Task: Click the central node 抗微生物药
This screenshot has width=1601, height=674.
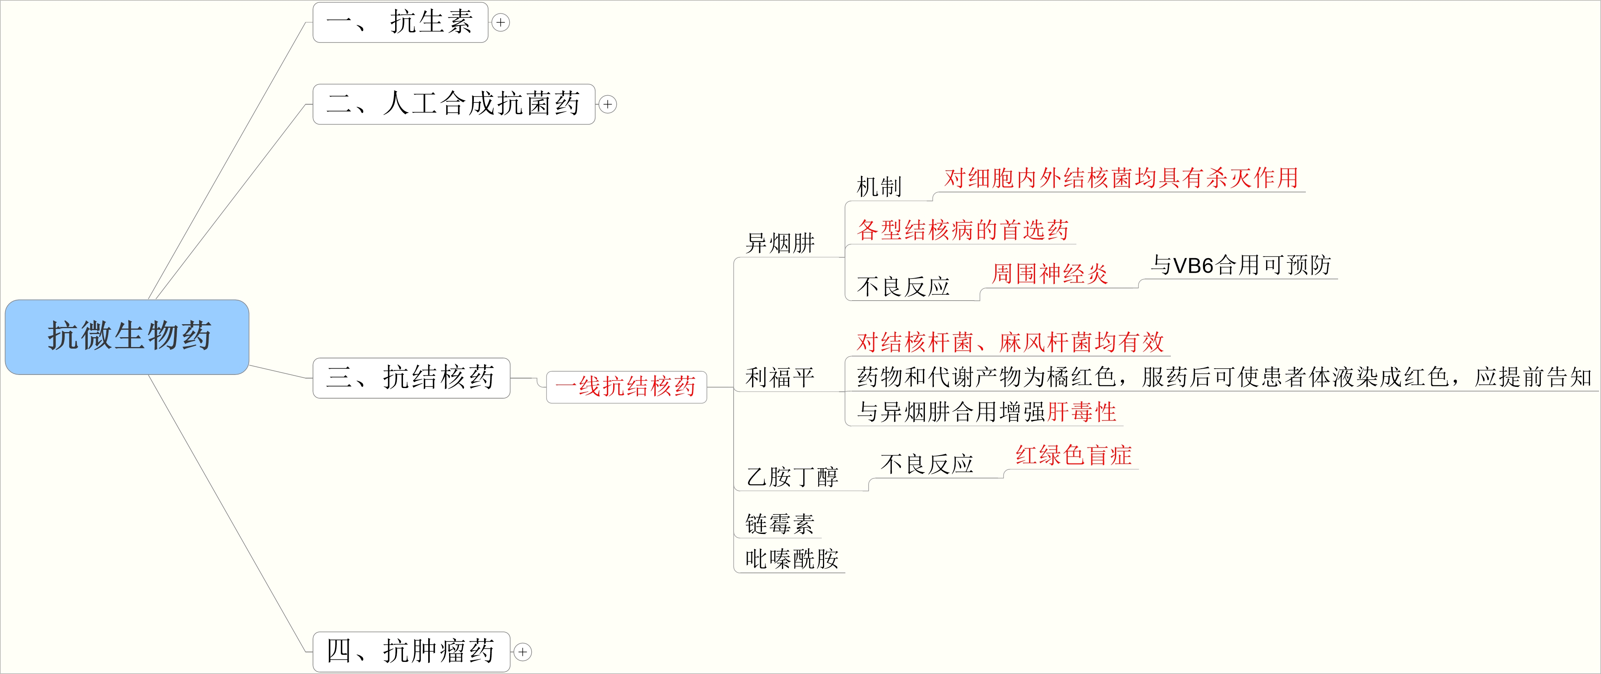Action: click(x=128, y=337)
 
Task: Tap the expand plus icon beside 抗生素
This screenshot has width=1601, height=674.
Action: click(x=500, y=22)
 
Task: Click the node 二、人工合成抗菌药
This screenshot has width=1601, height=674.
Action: click(x=454, y=104)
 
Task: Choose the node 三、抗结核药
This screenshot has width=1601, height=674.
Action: click(x=411, y=378)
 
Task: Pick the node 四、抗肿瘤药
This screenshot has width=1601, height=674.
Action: click(x=411, y=652)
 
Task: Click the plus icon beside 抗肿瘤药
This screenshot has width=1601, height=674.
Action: click(x=523, y=652)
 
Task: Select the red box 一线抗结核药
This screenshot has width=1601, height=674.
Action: click(x=626, y=386)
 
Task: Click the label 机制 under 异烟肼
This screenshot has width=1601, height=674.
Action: click(x=879, y=187)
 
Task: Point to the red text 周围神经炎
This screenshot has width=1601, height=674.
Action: click(x=1050, y=274)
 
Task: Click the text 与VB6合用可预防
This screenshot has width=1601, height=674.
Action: click(x=1240, y=265)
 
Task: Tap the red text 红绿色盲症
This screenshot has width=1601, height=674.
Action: click(x=1073, y=455)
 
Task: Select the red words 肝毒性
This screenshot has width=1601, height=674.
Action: click(x=1082, y=412)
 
